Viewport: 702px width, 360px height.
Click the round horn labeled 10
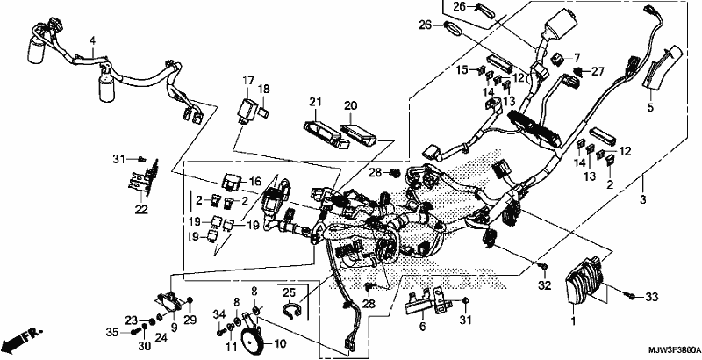252,340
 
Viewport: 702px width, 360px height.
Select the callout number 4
92,40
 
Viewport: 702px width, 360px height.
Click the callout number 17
248,81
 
